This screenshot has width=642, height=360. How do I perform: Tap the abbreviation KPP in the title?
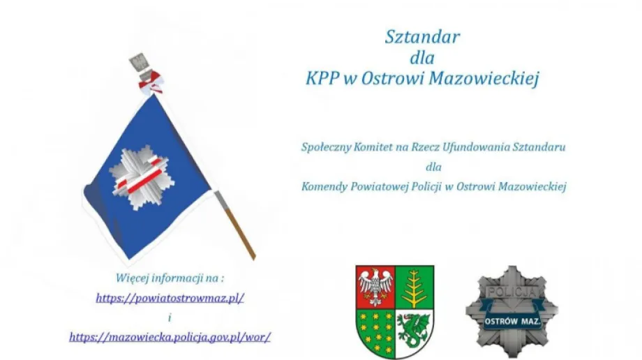322,78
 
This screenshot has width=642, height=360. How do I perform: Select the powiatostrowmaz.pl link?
170,297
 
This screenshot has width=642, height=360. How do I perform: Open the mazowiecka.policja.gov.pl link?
170,336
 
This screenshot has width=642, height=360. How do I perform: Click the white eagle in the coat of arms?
375,287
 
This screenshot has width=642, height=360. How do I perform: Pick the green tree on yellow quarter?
415,287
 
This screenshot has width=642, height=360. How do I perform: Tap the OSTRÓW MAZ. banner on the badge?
512,321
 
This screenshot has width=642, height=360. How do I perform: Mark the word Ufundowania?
466,147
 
